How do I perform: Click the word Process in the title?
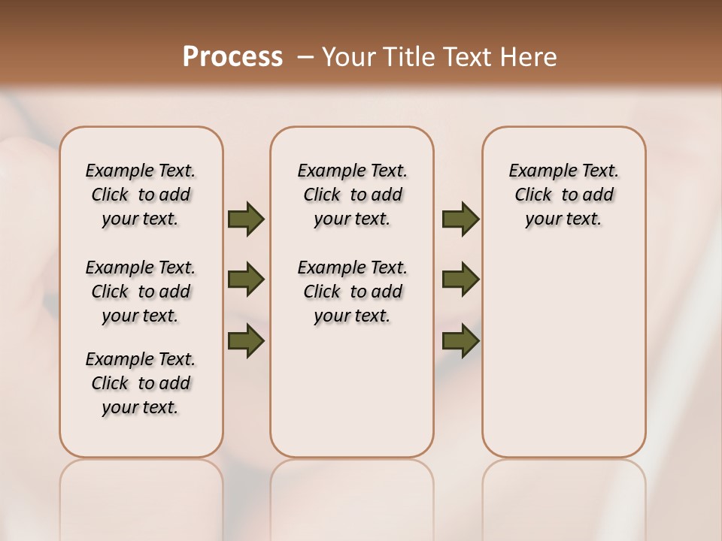[x=232, y=56]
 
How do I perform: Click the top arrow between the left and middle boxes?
[x=246, y=219]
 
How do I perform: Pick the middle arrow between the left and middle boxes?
[x=246, y=280]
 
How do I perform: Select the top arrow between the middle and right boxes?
[x=461, y=219]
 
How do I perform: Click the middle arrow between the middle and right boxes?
[x=461, y=280]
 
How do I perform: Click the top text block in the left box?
[x=141, y=195]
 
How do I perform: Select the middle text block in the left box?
[x=141, y=292]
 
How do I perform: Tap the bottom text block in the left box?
[x=141, y=383]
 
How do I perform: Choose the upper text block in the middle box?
[x=353, y=195]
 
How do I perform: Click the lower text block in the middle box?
[x=353, y=292]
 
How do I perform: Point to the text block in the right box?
[x=564, y=195]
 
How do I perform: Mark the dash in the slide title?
[x=305, y=56]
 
